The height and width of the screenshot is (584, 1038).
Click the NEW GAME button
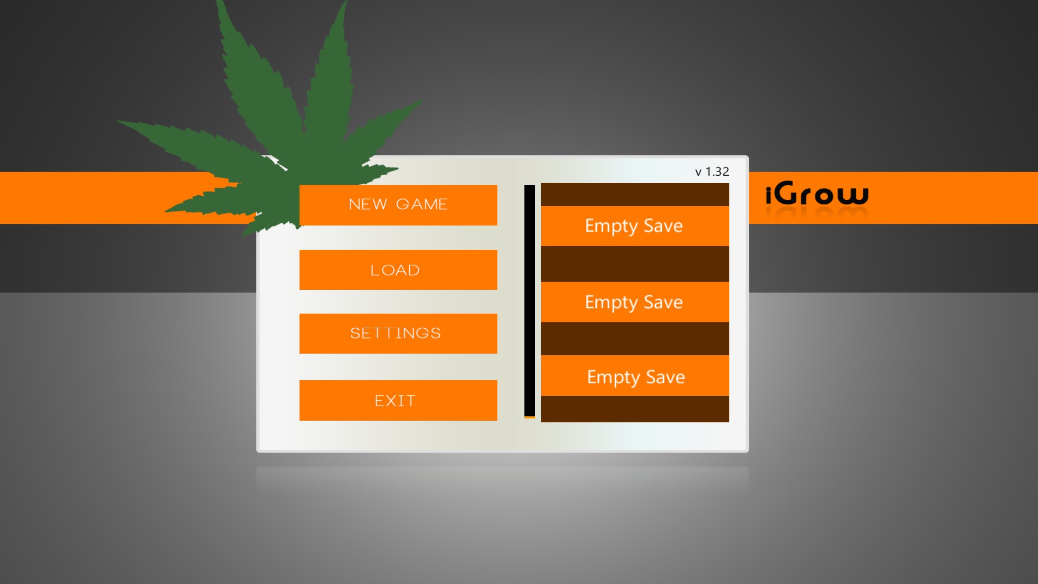[x=398, y=205]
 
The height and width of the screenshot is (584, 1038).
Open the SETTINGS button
[x=398, y=334]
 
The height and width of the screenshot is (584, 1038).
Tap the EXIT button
[x=398, y=400]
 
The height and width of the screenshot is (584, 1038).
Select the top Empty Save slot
[x=635, y=226]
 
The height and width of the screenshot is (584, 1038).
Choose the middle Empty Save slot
[x=635, y=302]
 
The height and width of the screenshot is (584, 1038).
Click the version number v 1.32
[x=712, y=172]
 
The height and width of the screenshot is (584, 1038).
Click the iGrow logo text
[x=817, y=194]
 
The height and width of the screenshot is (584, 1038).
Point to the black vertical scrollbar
[x=530, y=301]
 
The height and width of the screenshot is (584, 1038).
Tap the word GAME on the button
[x=422, y=204]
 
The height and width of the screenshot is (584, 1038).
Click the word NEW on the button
[x=368, y=204]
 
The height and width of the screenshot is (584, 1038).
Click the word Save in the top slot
[x=663, y=225]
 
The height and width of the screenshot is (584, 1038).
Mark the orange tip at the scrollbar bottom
[x=530, y=417]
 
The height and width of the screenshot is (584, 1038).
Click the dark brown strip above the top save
[x=635, y=195]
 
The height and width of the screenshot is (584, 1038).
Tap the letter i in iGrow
[x=769, y=195]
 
